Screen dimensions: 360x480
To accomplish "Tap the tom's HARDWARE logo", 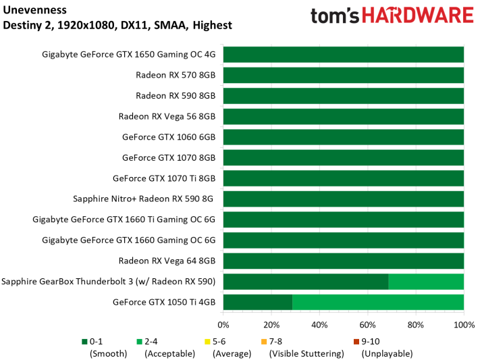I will (x=391, y=16).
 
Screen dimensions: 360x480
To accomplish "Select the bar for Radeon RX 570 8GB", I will (x=343, y=75).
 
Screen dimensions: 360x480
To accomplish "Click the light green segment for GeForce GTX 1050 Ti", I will (x=378, y=303).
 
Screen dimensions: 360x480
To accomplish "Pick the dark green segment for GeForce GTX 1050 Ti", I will (x=257, y=303).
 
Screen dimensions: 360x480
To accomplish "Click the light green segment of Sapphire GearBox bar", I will (x=426, y=282).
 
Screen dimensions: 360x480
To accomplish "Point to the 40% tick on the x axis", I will (x=319, y=325).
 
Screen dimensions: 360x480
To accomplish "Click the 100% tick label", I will (x=464, y=325).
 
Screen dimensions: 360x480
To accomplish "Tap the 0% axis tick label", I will (x=223, y=325).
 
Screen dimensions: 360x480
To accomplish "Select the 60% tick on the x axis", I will (x=368, y=325).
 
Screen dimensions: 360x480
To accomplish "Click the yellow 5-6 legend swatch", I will (x=207, y=341).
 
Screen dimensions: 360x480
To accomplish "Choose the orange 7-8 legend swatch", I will (x=263, y=341).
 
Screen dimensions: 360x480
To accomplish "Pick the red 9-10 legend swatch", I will (x=356, y=341).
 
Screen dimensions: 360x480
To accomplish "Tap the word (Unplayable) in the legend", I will (x=387, y=353).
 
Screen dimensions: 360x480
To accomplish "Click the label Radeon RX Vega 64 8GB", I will (x=167, y=261).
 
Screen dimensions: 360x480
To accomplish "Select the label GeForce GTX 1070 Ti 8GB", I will (x=163, y=178).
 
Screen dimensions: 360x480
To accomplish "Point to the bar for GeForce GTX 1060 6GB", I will (x=343, y=137).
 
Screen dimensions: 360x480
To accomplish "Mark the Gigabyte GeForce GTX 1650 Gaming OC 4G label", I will (x=128, y=55).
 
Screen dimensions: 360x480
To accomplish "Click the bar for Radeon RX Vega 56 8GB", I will (x=343, y=116).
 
